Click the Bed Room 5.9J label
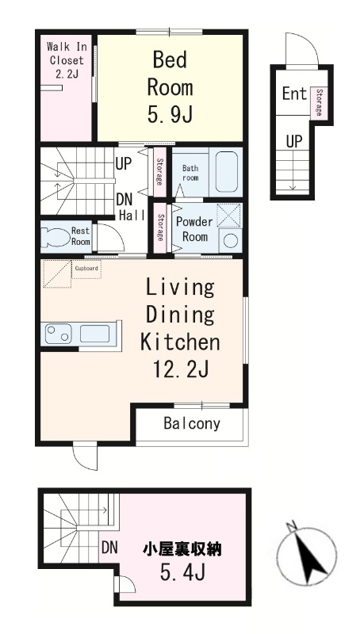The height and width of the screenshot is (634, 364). pyautogui.click(x=170, y=87)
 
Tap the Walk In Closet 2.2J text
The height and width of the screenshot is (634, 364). pyautogui.click(x=67, y=60)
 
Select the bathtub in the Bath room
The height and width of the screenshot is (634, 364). pyautogui.click(x=226, y=171)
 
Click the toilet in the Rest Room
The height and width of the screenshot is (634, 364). pyautogui.click(x=56, y=238)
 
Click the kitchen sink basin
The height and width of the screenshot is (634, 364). pyautogui.click(x=94, y=334)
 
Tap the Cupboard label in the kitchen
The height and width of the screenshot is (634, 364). pyautogui.click(x=86, y=268)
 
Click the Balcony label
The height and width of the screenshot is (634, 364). pyautogui.click(x=192, y=423)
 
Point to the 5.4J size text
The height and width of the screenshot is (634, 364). pyautogui.click(x=182, y=571)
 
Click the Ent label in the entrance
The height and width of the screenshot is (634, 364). pyautogui.click(x=294, y=94)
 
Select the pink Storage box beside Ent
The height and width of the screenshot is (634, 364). pyautogui.click(x=319, y=103)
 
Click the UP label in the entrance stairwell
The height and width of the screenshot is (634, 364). pyautogui.click(x=294, y=141)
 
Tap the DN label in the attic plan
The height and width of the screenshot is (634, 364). pyautogui.click(x=109, y=548)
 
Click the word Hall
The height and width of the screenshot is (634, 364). pyautogui.click(x=132, y=216)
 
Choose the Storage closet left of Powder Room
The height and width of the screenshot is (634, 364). pyautogui.click(x=160, y=227)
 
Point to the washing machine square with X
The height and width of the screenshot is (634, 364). pyautogui.click(x=229, y=215)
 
